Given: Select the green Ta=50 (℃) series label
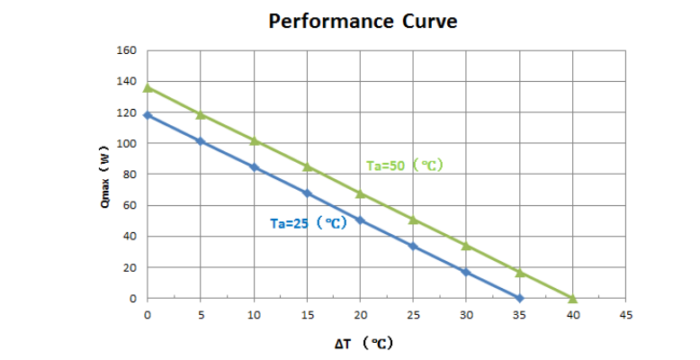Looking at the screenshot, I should pyautogui.click(x=406, y=166).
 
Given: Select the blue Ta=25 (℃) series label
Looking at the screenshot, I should pyautogui.click(x=309, y=224).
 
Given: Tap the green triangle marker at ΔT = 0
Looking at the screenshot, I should pyautogui.click(x=148, y=87).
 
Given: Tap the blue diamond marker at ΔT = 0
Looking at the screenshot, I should pyautogui.click(x=148, y=115).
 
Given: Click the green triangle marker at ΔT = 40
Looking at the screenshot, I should pyautogui.click(x=572, y=298).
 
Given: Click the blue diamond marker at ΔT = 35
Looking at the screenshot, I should pyautogui.click(x=519, y=298).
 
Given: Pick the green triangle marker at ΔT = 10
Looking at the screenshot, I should pyautogui.click(x=254, y=140).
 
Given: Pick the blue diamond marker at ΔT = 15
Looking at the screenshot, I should pyautogui.click(x=307, y=193).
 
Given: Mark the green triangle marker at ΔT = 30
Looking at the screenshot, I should pyautogui.click(x=466, y=246).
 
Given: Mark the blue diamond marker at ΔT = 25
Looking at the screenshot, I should pyautogui.click(x=413, y=246).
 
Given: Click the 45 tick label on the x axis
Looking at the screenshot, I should pyautogui.click(x=625, y=316).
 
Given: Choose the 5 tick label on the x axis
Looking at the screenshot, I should pyautogui.click(x=201, y=316).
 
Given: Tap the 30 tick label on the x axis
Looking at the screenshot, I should pyautogui.click(x=466, y=316).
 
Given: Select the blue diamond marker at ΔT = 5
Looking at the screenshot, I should pyautogui.click(x=201, y=141).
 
